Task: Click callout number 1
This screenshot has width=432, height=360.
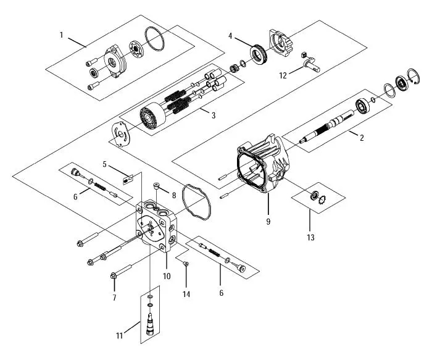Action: (x=62, y=35)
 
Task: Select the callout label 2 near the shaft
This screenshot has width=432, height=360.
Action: (x=362, y=137)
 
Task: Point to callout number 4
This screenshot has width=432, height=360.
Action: (x=230, y=36)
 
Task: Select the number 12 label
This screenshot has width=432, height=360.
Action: (x=283, y=76)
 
